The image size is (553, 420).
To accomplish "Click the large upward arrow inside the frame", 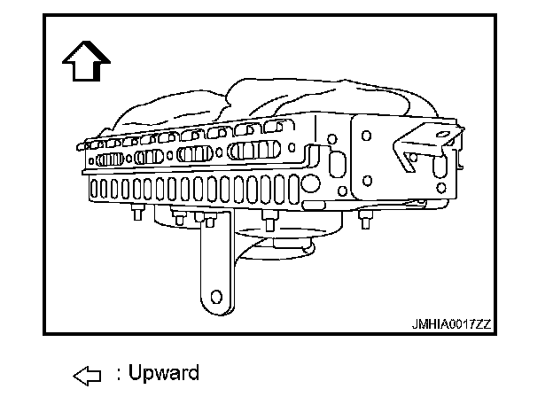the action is (85, 63).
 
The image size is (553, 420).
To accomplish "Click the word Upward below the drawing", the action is (164, 373).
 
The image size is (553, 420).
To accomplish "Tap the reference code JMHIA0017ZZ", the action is (451, 325).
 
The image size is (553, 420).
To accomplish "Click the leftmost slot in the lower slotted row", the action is (94, 189).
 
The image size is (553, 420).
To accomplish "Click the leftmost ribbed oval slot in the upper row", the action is (108, 160).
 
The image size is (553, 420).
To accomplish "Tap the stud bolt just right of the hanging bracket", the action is (267, 218).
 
